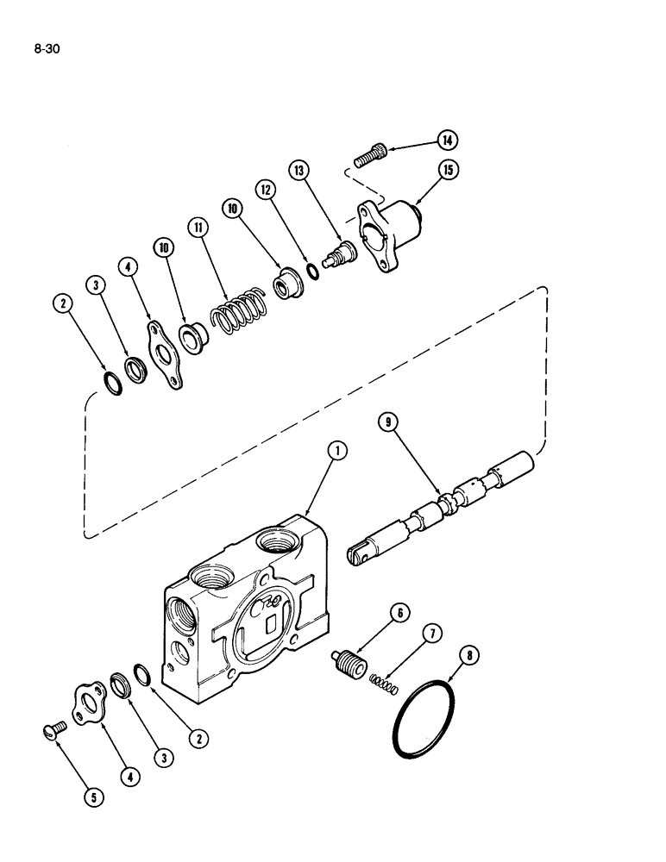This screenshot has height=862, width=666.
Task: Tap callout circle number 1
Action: (x=340, y=450)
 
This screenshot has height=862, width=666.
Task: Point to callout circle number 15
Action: (x=448, y=170)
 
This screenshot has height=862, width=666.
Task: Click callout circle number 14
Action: (x=448, y=140)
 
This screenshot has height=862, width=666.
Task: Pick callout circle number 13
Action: (x=300, y=172)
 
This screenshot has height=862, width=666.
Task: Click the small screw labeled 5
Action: (x=53, y=731)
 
